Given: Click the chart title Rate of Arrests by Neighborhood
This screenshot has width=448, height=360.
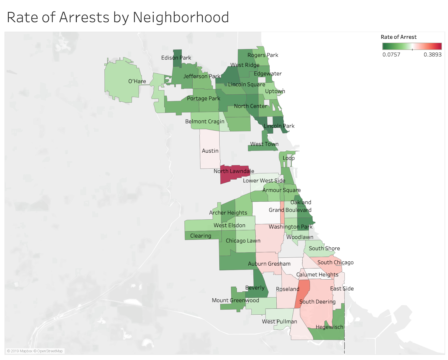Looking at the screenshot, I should click(x=118, y=17).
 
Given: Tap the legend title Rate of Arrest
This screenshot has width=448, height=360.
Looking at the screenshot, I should click(x=398, y=37).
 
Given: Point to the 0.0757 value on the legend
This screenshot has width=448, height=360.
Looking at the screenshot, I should click(x=391, y=55).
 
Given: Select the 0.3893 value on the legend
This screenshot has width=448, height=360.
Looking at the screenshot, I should click(x=432, y=55).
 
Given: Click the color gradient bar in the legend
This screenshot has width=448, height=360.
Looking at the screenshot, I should click(x=412, y=46).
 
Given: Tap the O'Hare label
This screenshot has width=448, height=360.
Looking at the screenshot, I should click(x=137, y=81).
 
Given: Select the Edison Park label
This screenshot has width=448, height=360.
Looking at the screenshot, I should click(x=176, y=58).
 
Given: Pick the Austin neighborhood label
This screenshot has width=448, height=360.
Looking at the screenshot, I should click(x=210, y=151).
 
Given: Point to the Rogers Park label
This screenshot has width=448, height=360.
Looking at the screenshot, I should click(x=263, y=55).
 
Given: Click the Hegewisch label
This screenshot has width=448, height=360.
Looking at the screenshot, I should click(x=329, y=327).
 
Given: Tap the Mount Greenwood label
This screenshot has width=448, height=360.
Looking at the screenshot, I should click(x=235, y=300).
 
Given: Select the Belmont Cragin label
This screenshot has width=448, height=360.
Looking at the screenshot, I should click(x=205, y=121).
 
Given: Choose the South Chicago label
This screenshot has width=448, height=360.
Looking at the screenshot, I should click(x=335, y=262).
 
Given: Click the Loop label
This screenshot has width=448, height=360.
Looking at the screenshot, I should click(x=288, y=158).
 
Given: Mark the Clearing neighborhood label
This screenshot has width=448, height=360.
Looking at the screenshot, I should click(x=200, y=236).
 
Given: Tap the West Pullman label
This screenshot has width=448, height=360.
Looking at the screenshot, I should click(x=279, y=321).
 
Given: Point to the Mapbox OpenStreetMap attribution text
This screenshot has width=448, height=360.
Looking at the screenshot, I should click(x=35, y=351).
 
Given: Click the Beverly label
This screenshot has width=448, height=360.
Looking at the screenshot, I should click(x=255, y=288).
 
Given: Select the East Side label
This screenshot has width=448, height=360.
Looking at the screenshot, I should click(x=342, y=289).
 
